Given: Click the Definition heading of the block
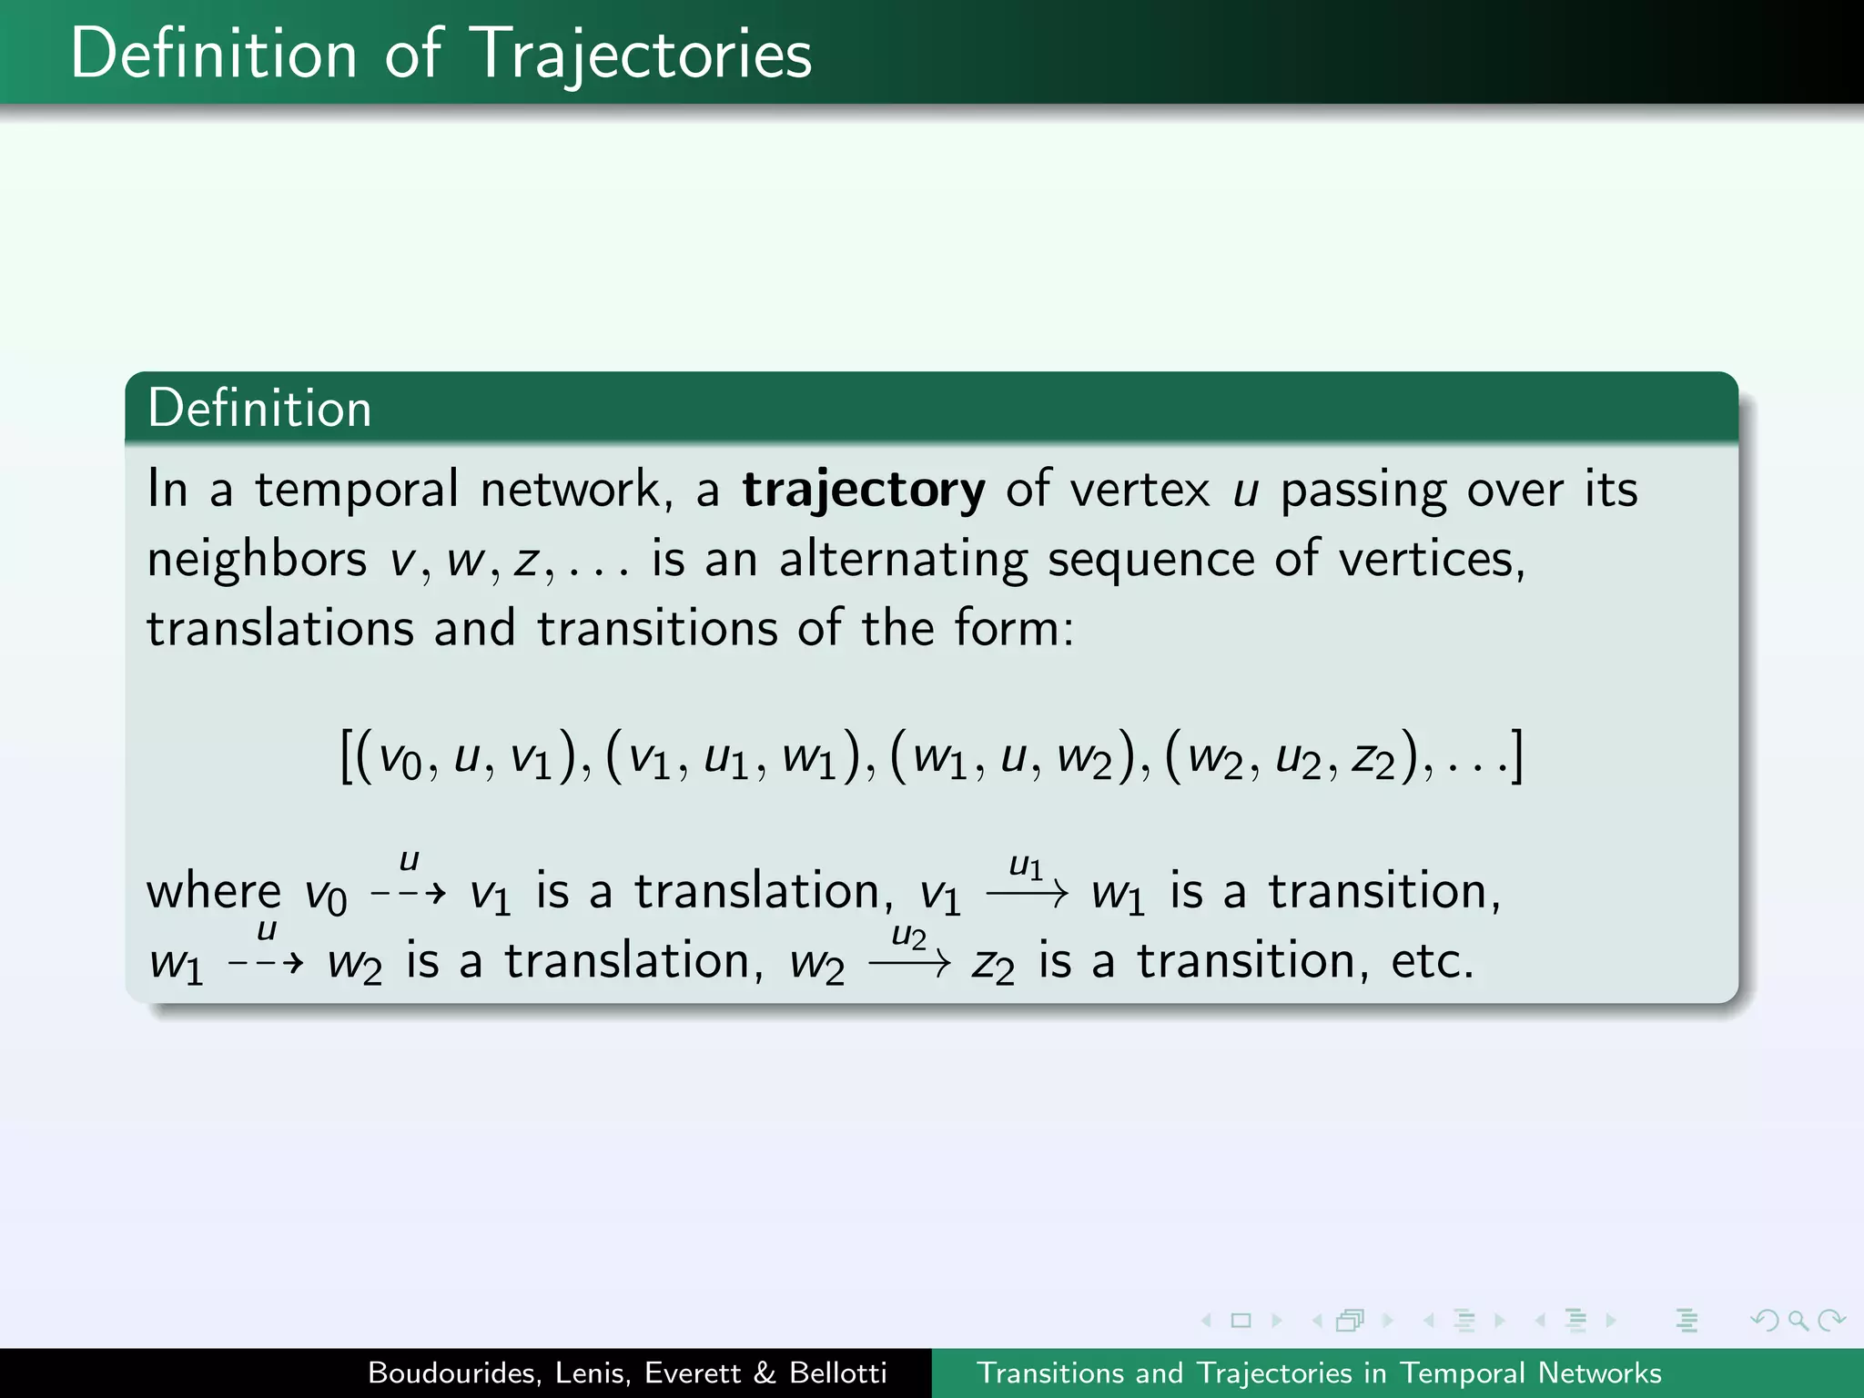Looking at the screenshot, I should [259, 408].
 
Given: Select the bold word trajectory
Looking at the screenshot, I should [863, 490].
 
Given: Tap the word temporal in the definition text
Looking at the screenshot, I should [357, 490].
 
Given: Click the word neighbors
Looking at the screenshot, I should [257, 559].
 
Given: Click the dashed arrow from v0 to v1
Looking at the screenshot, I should [408, 893].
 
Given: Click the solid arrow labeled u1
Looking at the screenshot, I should [1026, 893].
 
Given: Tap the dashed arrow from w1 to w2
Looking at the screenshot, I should [265, 963].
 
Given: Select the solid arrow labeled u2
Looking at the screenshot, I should [909, 962].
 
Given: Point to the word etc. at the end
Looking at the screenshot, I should [1432, 961].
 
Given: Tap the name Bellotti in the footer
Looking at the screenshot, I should [837, 1373].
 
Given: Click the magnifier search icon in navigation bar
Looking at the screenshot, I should [1798, 1320].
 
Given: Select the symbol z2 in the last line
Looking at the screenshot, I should [992, 965].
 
